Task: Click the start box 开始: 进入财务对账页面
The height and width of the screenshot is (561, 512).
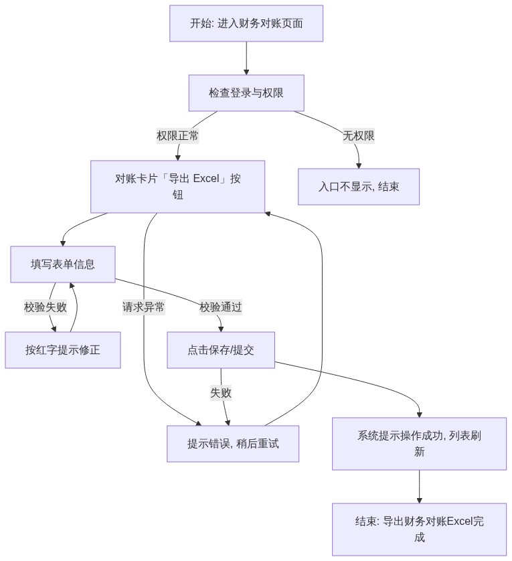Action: click(246, 23)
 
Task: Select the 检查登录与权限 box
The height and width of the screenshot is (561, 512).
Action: click(246, 93)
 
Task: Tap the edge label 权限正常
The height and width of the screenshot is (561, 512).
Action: click(177, 136)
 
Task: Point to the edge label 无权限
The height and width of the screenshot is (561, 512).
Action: click(359, 136)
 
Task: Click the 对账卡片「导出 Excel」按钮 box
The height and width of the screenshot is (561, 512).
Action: click(177, 186)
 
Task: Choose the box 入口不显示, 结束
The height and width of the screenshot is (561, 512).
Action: click(359, 187)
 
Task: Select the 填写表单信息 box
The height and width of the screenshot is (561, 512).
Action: click(63, 264)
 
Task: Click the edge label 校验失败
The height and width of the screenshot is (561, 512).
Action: click(46, 307)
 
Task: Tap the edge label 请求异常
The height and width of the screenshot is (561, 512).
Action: click(143, 307)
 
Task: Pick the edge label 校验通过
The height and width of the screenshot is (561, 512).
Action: click(221, 307)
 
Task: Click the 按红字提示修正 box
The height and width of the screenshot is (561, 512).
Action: click(63, 350)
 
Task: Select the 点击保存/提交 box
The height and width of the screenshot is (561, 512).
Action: click(221, 350)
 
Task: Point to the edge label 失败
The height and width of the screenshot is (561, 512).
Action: click(221, 393)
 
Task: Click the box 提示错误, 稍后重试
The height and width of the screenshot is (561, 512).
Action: click(233, 444)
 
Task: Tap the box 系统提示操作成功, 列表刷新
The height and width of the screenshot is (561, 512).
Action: click(420, 444)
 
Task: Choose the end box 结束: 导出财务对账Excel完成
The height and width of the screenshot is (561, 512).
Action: click(420, 530)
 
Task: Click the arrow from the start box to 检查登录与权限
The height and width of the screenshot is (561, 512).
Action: click(246, 58)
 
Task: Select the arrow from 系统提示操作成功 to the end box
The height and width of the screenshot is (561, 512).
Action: click(420, 487)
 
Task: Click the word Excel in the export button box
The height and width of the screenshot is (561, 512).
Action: click(206, 178)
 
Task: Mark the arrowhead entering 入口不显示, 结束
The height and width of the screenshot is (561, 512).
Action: click(359, 165)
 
